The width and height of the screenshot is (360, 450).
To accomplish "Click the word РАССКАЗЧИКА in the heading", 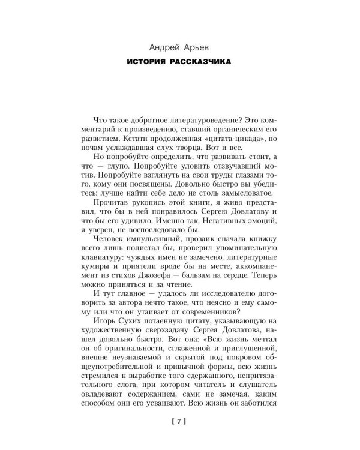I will pos(206,62).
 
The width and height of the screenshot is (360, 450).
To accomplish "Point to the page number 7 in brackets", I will pos(180,422).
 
